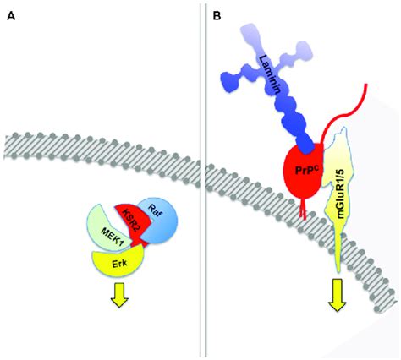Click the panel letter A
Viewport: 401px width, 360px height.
(x=11, y=16)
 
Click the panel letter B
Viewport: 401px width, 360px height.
(x=217, y=16)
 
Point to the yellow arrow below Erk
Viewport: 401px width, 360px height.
(x=119, y=295)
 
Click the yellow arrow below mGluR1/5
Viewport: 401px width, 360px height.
(x=337, y=295)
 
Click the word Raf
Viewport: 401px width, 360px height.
(x=158, y=213)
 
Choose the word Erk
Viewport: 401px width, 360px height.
(x=119, y=264)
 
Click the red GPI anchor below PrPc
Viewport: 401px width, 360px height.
(x=304, y=210)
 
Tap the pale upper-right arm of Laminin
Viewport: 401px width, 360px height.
(x=294, y=58)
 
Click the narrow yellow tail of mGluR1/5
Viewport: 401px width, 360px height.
(x=338, y=248)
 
